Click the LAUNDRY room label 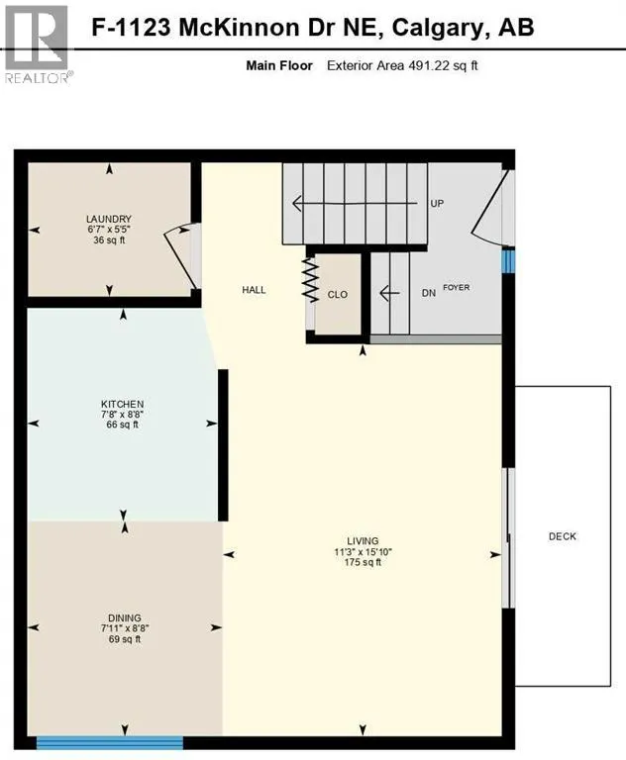pos(109,219)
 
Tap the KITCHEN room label pos(123,404)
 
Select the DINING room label pos(124,616)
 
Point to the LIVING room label pos(358,540)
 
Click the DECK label pos(562,536)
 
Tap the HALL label pos(255,290)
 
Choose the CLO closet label pos(339,294)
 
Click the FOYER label pos(456,288)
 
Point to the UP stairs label pos(436,204)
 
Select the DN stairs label pos(428,292)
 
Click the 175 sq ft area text pos(358,563)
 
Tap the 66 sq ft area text pos(123,426)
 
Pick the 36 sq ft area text pos(109,240)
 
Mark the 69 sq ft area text pos(124,639)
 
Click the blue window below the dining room pos(110,741)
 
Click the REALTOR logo pos(37,45)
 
